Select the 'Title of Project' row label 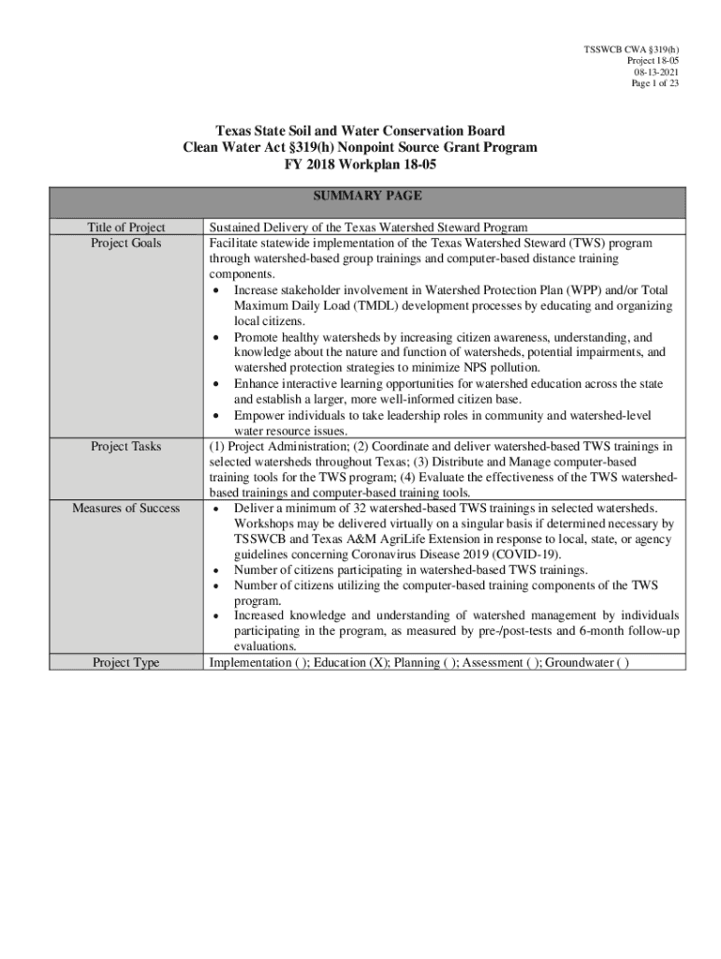point(126,228)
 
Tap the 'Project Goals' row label point(126,243)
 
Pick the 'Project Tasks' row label point(126,447)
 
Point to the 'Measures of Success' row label point(126,509)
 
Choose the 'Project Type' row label point(126,663)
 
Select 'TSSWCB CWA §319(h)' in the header point(632,48)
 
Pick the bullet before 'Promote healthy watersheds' point(217,337)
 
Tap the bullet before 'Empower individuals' point(217,415)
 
